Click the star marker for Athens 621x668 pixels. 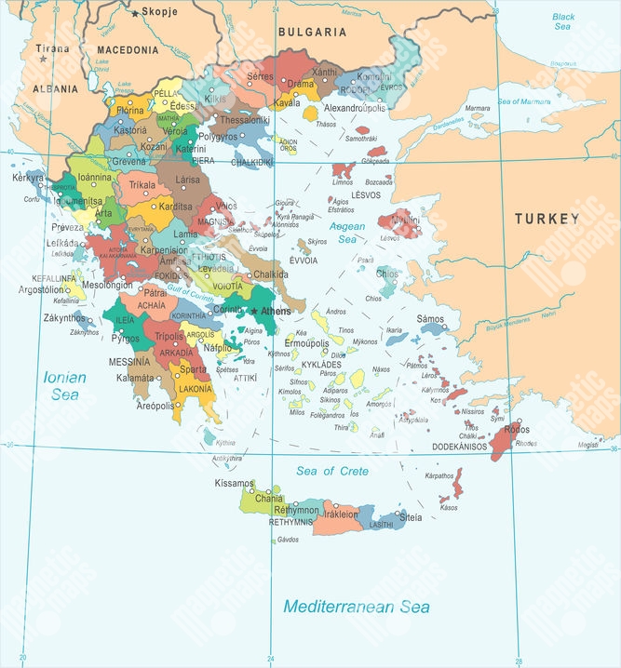pos(253,311)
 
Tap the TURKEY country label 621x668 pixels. pos(547,219)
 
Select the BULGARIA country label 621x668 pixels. pos(312,32)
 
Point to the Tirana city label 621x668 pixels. pos(52,47)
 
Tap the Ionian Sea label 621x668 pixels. pos(65,386)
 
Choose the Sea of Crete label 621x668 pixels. pos(332,472)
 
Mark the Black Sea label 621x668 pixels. pos(563,21)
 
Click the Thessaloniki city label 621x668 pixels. pos(245,119)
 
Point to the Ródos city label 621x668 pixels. pos(517,431)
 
